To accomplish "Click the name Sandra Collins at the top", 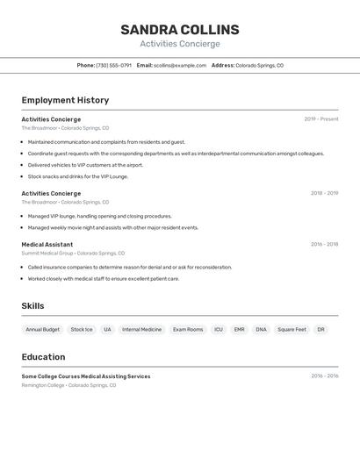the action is [x=180, y=30].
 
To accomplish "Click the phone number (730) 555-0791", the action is [x=113, y=65].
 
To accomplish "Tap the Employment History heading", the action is [x=65, y=100].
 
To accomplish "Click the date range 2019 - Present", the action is [x=321, y=119].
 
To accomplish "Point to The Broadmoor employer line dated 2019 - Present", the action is [x=65, y=128].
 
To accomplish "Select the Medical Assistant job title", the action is [x=47, y=245].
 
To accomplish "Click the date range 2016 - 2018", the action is [x=324, y=245].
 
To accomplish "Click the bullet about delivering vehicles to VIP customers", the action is [x=85, y=165].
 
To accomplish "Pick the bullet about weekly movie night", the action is [x=112, y=227].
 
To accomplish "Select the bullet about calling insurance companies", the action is [x=129, y=268].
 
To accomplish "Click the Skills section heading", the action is [x=32, y=306].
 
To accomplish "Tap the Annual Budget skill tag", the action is [x=43, y=330].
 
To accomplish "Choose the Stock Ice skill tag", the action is [x=82, y=330].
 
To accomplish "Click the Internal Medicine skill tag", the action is [x=142, y=330].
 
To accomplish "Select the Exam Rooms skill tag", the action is [x=188, y=330].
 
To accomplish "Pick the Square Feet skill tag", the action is [x=292, y=330].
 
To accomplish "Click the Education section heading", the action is [x=43, y=357].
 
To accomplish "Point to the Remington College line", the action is [x=68, y=385].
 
